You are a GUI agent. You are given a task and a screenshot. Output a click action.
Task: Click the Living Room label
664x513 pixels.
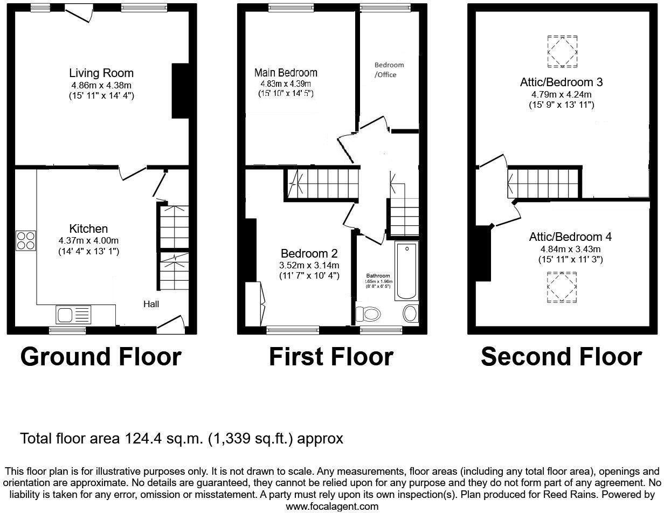click(101, 73)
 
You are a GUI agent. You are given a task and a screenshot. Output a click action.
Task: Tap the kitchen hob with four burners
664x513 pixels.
click(26, 240)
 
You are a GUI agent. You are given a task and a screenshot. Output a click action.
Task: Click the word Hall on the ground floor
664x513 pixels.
click(151, 304)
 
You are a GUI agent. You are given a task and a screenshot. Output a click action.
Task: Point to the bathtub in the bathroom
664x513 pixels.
click(406, 271)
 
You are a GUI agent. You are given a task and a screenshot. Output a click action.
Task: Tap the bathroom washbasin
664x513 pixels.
click(410, 313)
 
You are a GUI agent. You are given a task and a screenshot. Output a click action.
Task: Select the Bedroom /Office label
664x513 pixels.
click(389, 70)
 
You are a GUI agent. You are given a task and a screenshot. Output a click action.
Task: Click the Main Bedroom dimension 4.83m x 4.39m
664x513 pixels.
click(286, 84)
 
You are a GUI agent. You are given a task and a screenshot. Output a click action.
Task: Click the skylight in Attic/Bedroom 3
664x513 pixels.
click(562, 52)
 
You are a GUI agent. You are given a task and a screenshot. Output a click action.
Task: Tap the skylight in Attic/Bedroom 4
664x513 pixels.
click(562, 288)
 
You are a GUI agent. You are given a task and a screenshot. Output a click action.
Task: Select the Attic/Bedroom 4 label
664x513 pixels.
click(570, 237)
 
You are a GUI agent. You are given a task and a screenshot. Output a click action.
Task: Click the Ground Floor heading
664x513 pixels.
click(101, 357)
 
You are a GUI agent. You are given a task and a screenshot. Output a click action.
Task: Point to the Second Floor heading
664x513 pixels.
click(561, 357)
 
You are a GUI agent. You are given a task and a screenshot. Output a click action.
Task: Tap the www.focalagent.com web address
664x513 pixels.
click(332, 507)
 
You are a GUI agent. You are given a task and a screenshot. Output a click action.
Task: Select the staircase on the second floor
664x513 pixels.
click(544, 183)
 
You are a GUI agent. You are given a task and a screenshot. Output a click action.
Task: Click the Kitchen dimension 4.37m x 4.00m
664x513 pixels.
click(88, 240)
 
